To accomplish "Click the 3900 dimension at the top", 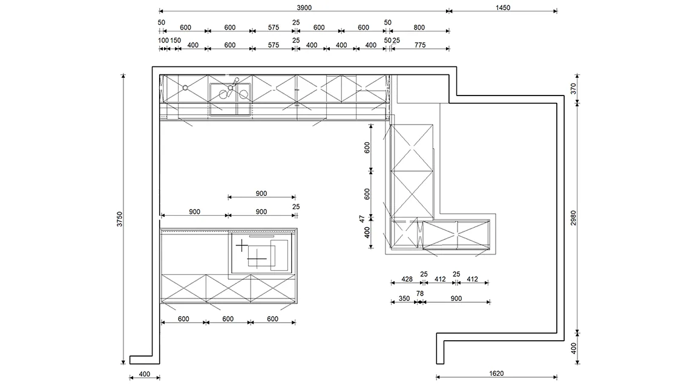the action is coord(304,7).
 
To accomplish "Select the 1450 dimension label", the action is coord(503,7).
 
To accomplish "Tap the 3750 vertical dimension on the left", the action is coord(120,219).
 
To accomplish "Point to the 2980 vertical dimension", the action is coord(574,218).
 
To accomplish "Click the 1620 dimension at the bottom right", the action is coord(496,373).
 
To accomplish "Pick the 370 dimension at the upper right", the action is coord(574,89).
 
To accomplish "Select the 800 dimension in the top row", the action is coord(419,27).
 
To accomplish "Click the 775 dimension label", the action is coord(420,45).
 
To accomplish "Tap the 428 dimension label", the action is coord(407,279).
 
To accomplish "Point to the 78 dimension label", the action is coord(420,294).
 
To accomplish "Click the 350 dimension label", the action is coord(404,299).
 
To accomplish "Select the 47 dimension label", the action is coord(362,219).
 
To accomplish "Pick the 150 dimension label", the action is coord(176,40).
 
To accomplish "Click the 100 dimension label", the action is coord(163,40).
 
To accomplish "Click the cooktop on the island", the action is coord(260,253).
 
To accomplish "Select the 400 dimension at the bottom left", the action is coord(144,374).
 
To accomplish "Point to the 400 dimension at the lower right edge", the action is coord(574,348).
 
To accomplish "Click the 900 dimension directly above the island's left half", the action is coord(194,212).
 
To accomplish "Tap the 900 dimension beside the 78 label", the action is coord(456,299).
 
